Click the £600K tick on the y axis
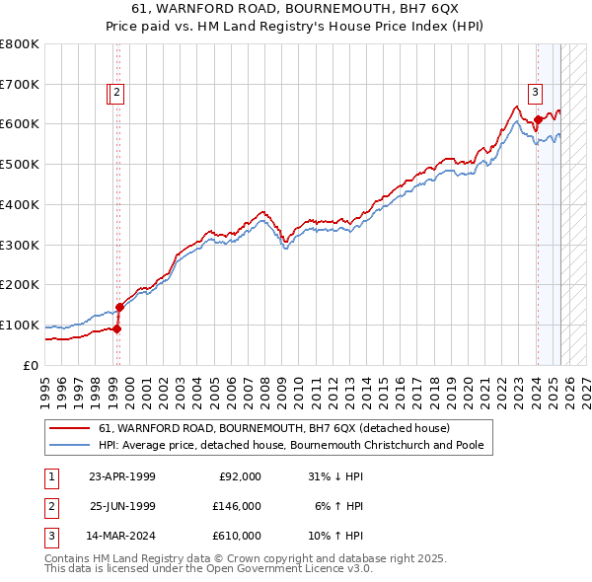(x=20, y=124)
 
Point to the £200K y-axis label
(x=20, y=285)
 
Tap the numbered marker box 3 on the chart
(x=535, y=94)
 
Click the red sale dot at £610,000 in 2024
(x=538, y=120)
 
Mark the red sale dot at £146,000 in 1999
(x=119, y=307)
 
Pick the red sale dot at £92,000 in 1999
(x=117, y=328)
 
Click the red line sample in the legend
(x=70, y=428)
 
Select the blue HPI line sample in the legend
(x=70, y=445)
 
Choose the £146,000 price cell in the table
(x=237, y=506)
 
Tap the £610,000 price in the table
(x=237, y=537)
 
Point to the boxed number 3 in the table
(x=50, y=537)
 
